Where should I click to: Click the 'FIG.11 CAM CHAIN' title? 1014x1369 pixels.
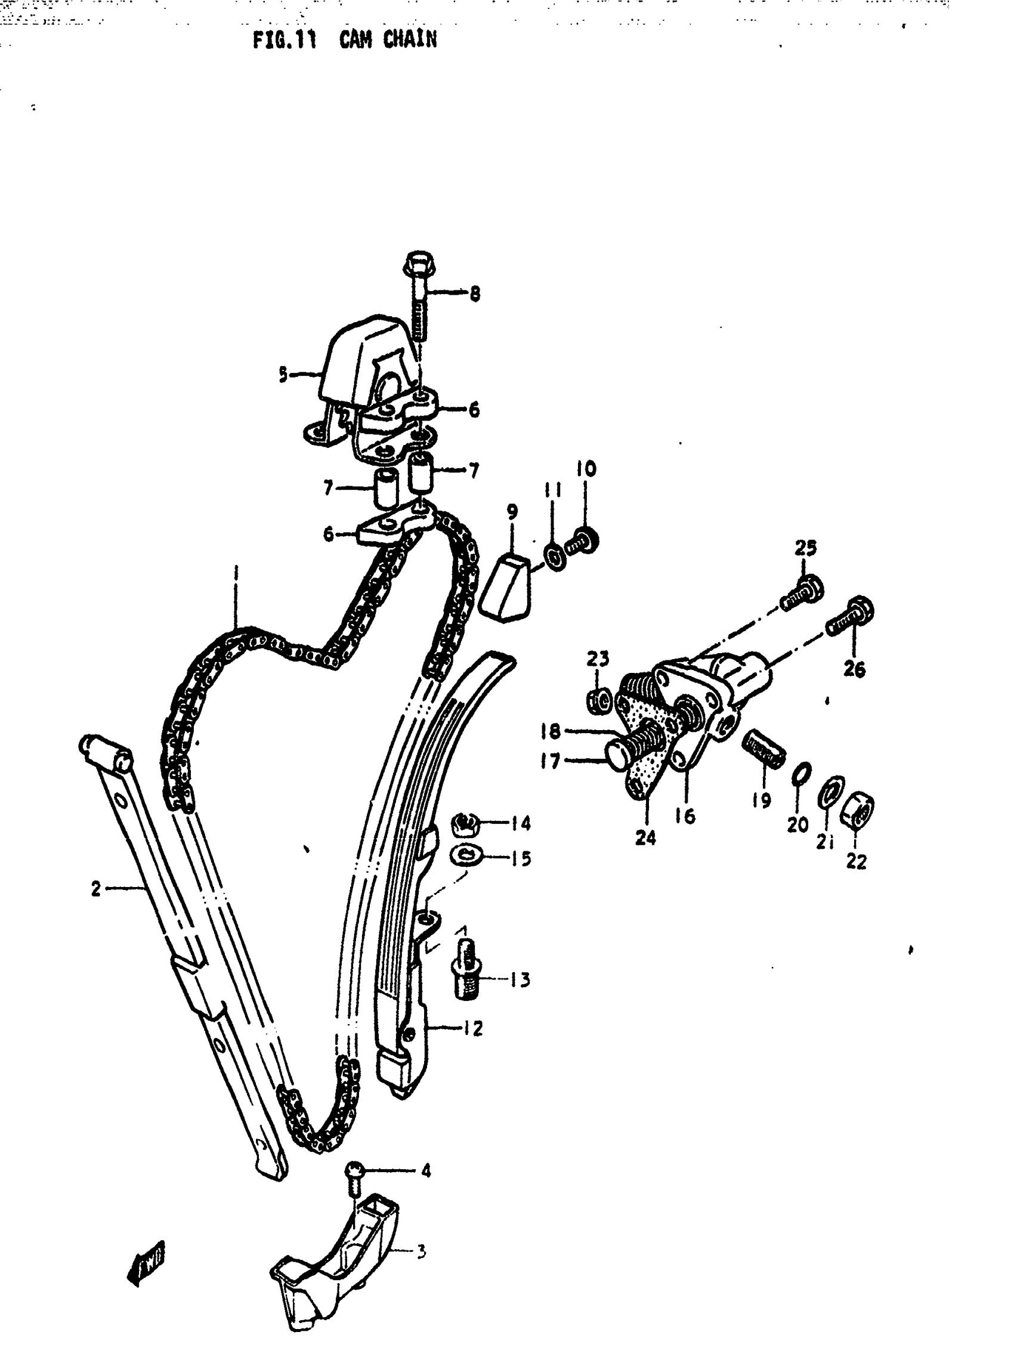tap(344, 41)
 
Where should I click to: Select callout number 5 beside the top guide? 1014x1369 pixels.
tap(283, 374)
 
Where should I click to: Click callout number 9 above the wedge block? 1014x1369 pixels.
tap(512, 511)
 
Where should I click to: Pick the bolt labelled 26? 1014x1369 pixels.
tap(851, 617)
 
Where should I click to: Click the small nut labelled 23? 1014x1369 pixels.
tap(598, 701)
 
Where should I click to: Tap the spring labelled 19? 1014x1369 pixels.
tap(763, 749)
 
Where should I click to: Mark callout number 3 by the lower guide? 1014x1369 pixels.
tap(421, 1251)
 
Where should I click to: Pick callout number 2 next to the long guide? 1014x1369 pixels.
tap(96, 888)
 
